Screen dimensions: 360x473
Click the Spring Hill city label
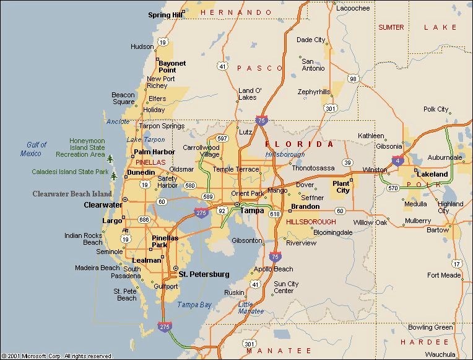point(164,15)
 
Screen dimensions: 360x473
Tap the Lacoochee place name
point(353,8)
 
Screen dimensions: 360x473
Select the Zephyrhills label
point(314,92)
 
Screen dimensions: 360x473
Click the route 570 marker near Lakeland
point(393,188)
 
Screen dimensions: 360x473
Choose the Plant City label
point(341,187)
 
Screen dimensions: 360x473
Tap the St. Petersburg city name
point(204,274)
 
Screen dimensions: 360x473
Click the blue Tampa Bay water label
point(194,305)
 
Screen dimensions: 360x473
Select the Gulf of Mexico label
point(34,149)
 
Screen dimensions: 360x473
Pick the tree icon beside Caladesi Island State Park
point(113,177)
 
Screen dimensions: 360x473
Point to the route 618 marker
point(275,214)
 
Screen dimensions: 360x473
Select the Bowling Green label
point(430,327)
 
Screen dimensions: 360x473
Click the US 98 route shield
point(353,78)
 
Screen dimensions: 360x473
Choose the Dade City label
point(310,40)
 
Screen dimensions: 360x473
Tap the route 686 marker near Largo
point(144,220)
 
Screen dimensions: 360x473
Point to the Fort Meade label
point(444,275)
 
